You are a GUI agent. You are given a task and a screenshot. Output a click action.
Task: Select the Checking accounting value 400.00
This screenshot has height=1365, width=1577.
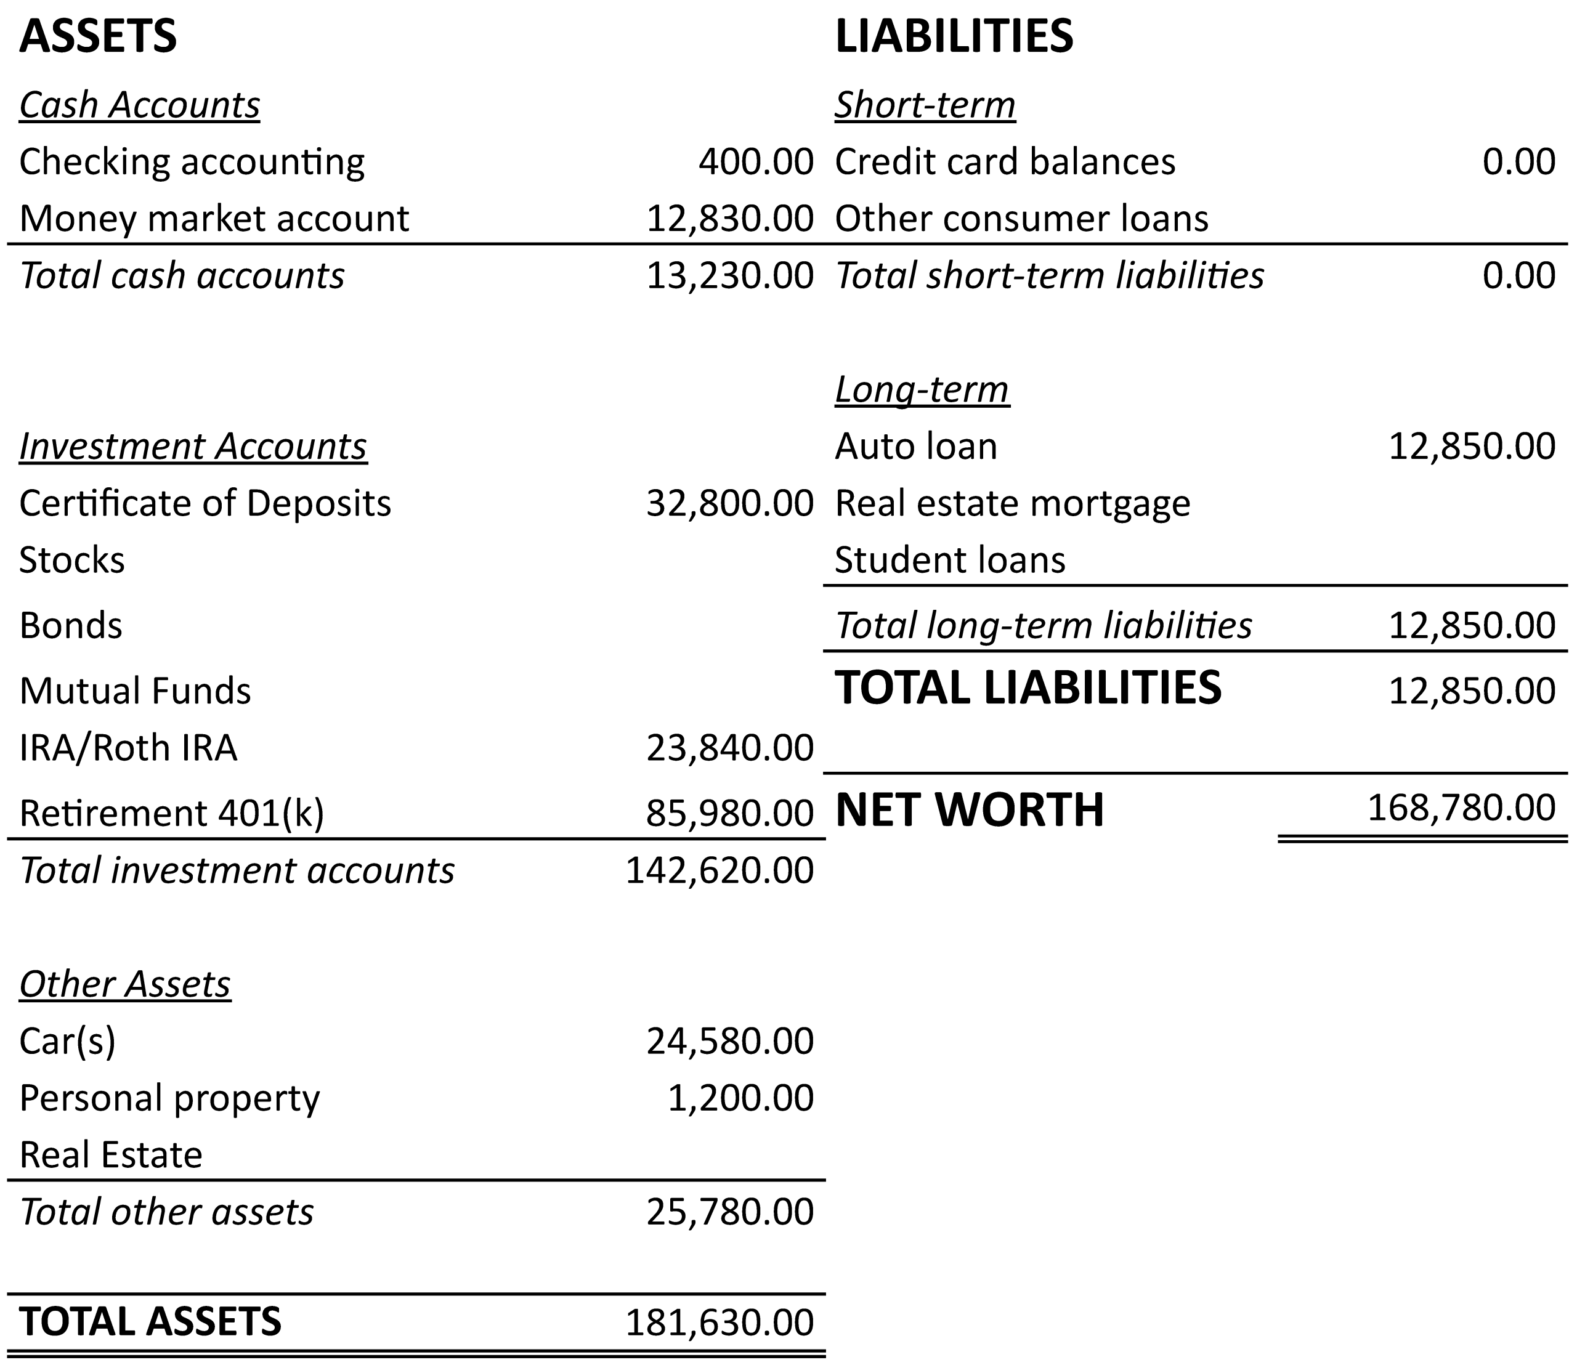(756, 161)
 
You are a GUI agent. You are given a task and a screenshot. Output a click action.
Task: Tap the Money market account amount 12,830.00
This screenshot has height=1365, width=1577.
(730, 219)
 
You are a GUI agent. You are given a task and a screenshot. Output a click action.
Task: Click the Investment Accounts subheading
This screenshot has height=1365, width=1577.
(193, 447)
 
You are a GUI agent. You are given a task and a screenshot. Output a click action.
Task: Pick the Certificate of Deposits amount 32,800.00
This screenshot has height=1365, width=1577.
(730, 503)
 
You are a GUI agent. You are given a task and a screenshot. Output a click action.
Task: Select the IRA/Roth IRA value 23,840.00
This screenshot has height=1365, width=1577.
(730, 748)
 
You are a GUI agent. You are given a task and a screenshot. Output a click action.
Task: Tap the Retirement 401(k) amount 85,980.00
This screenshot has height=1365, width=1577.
(730, 814)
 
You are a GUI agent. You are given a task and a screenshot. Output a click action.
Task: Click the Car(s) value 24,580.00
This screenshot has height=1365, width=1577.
(730, 1041)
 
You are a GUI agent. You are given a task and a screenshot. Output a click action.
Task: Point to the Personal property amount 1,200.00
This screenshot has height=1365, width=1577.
(740, 1098)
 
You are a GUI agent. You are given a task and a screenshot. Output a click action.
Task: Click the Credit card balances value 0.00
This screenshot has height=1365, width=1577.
(1518, 161)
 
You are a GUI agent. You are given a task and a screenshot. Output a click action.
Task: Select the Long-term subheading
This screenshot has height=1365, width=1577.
(922, 389)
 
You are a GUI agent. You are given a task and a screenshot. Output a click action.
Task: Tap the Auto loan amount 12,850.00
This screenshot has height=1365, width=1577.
(1472, 447)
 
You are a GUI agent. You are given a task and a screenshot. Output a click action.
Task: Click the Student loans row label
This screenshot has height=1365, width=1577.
(949, 561)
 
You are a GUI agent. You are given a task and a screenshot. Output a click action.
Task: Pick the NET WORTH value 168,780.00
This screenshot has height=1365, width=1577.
(1461, 808)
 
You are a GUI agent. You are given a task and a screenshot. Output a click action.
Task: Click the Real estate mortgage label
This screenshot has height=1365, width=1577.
(1011, 503)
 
